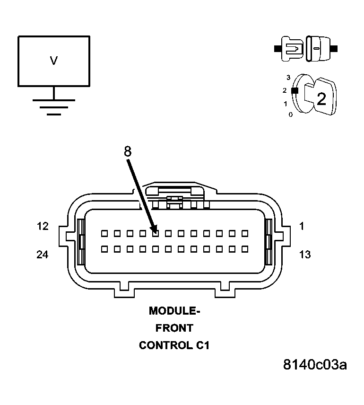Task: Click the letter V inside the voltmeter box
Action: [53, 61]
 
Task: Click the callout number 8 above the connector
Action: [127, 151]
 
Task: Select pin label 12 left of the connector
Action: [43, 226]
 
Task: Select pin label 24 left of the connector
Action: [43, 255]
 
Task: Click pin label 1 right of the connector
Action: [302, 226]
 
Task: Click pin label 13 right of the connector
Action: [305, 255]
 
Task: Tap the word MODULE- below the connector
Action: [174, 311]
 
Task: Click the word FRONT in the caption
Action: [174, 328]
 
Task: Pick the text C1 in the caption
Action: [202, 345]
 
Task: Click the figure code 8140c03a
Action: [315, 365]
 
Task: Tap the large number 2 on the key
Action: [321, 99]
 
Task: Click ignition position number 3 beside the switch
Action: [288, 77]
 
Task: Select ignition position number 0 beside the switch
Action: [291, 114]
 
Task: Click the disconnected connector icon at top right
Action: [306, 48]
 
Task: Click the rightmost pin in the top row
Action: [245, 233]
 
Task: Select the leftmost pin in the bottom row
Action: [104, 248]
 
